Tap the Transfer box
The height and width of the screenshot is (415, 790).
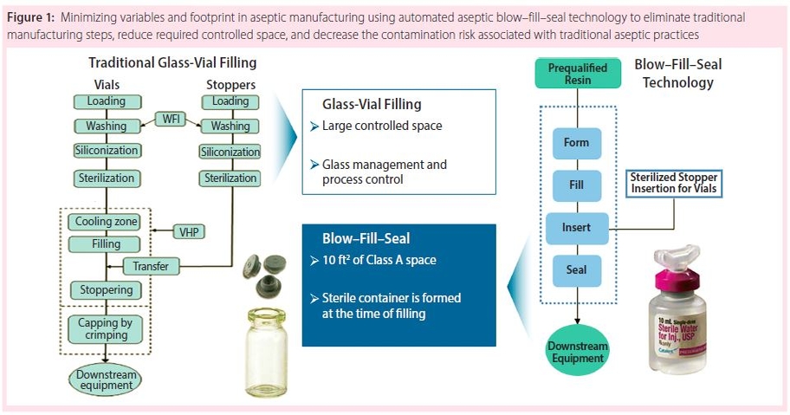152,266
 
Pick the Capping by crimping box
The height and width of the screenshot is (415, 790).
107,328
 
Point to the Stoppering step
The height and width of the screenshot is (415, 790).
107,289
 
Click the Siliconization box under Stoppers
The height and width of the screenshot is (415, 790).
230,152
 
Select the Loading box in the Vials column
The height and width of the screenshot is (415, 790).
106,101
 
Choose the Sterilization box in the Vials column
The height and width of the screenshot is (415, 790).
106,178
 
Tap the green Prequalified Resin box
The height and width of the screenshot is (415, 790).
577,74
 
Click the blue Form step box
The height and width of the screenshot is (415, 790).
576,143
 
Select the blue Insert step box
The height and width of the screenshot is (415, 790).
576,228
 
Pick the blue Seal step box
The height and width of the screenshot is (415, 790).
576,270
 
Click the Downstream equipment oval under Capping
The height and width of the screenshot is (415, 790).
107,380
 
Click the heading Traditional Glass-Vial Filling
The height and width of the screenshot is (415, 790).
172,63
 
